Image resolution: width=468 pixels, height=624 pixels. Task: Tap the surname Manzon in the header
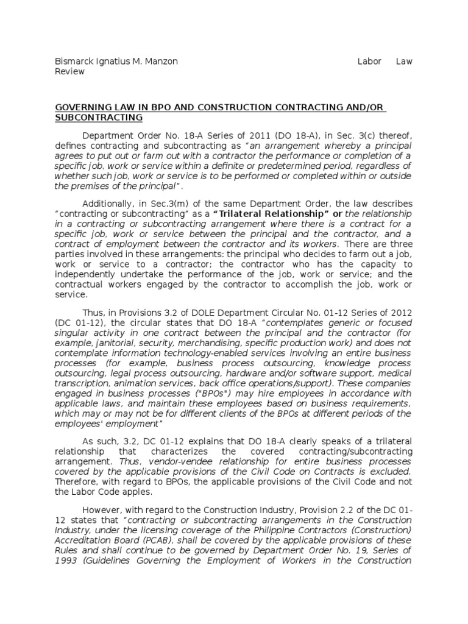point(161,62)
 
